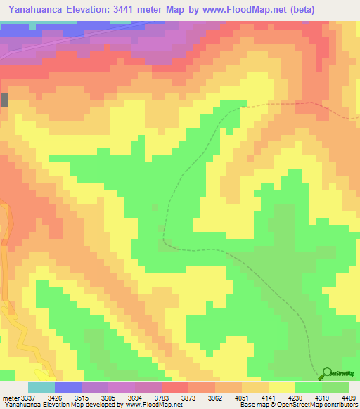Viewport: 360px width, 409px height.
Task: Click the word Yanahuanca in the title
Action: (38, 9)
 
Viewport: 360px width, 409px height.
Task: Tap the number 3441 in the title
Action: (139, 9)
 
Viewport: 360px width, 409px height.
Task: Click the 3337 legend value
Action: (24, 398)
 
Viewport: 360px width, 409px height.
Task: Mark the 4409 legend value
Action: (348, 398)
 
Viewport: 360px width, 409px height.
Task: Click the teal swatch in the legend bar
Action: (41, 387)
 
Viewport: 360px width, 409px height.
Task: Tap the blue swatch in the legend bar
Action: (68, 387)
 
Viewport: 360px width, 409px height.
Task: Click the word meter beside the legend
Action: (8, 398)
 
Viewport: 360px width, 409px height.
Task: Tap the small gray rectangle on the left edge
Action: (5, 99)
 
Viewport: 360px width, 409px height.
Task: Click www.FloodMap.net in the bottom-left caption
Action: (150, 405)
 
